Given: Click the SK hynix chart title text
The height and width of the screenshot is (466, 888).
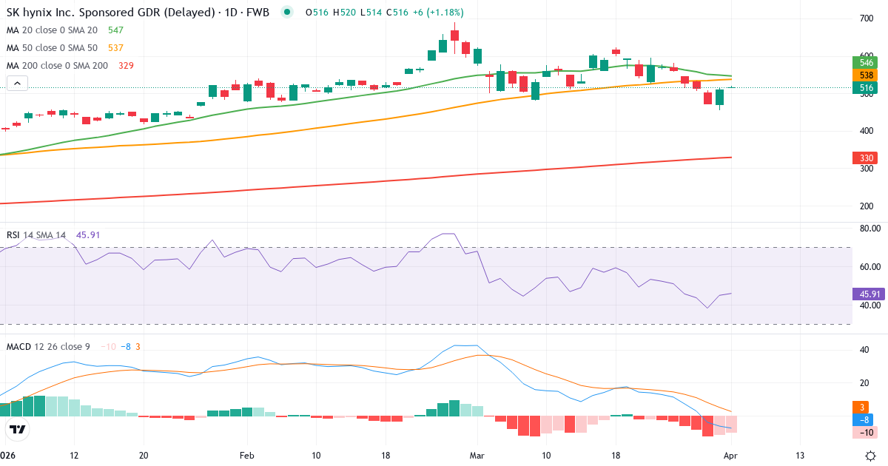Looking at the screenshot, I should coord(138,13).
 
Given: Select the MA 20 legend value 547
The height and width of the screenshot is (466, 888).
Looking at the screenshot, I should coord(115,30).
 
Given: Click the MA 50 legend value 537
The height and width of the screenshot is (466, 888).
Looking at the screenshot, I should coord(115,48).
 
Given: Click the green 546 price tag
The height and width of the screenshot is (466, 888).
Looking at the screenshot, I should coord(865,63).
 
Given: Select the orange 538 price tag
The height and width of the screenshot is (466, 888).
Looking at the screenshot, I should coord(865,75).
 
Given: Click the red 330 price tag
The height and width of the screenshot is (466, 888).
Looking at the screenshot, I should coord(865,158).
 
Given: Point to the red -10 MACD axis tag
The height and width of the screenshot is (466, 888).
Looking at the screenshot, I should coord(865,433).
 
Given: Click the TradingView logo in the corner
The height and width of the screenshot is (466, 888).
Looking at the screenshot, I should coord(18,429).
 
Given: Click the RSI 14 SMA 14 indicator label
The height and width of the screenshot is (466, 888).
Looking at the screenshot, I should coord(36,235).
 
